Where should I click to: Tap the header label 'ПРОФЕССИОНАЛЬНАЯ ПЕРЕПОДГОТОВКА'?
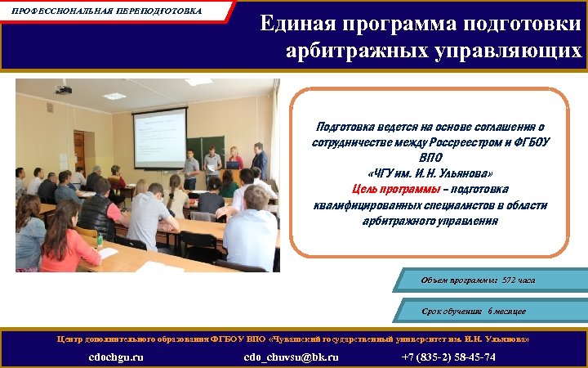[107, 11]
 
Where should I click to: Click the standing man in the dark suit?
[260, 159]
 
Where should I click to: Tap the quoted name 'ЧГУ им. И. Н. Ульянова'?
[430, 174]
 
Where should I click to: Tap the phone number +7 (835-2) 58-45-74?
[448, 357]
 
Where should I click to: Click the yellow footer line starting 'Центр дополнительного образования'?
[293, 338]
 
